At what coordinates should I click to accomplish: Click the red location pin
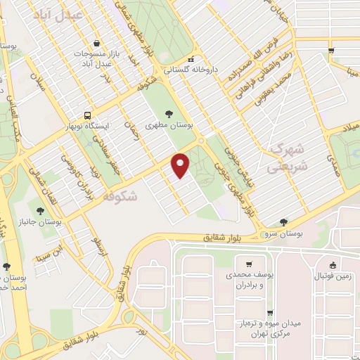(x=181, y=165)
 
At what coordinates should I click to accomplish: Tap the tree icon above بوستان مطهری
(x=167, y=112)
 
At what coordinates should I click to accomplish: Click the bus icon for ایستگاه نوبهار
(x=86, y=115)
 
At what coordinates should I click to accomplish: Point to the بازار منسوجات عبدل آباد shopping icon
(x=106, y=42)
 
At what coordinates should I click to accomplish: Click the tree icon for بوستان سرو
(x=283, y=221)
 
